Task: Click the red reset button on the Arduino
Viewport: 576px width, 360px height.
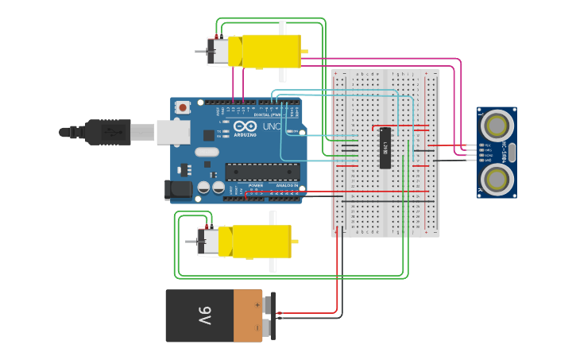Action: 183,106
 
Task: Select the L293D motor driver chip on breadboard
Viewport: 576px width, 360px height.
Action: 385,148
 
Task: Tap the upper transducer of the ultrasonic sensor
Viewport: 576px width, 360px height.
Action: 496,125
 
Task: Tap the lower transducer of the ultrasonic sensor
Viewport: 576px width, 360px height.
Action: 496,174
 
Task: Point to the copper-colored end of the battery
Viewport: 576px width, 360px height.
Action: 248,315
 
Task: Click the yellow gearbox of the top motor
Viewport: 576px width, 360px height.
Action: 271,51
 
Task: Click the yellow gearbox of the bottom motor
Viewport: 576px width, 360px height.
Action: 261,242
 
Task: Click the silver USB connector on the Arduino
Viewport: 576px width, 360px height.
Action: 172,132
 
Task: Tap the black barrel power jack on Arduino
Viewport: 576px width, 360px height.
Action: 178,189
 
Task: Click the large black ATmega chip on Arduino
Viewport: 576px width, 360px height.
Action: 262,172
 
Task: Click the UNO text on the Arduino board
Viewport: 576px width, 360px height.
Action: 272,126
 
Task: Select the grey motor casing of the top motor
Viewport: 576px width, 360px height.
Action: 220,51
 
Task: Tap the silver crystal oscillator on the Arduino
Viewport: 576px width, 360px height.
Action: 206,152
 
